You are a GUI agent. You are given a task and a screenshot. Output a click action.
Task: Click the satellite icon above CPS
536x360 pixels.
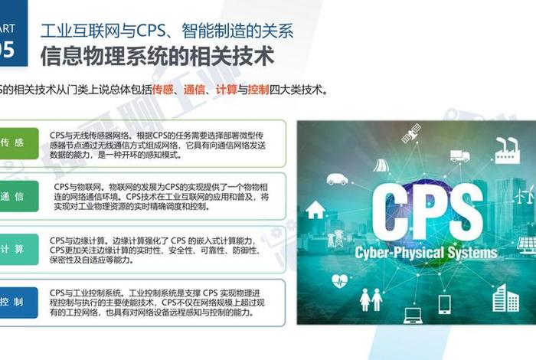pyautogui.click(x=411, y=134)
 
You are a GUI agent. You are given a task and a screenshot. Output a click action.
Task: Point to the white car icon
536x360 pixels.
pyautogui.click(x=337, y=179)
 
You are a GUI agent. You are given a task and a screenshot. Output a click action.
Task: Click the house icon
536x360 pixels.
pyautogui.click(x=315, y=208)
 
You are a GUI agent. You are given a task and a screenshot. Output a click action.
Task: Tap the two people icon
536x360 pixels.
pyautogui.click(x=371, y=298)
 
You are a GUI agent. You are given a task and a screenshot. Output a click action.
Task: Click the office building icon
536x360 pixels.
pyautogui.click(x=505, y=297)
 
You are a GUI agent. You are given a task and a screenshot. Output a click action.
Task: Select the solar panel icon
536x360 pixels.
pyautogui.click(x=526, y=244)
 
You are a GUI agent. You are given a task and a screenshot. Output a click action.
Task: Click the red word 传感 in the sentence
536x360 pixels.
pyautogui.click(x=163, y=90)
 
